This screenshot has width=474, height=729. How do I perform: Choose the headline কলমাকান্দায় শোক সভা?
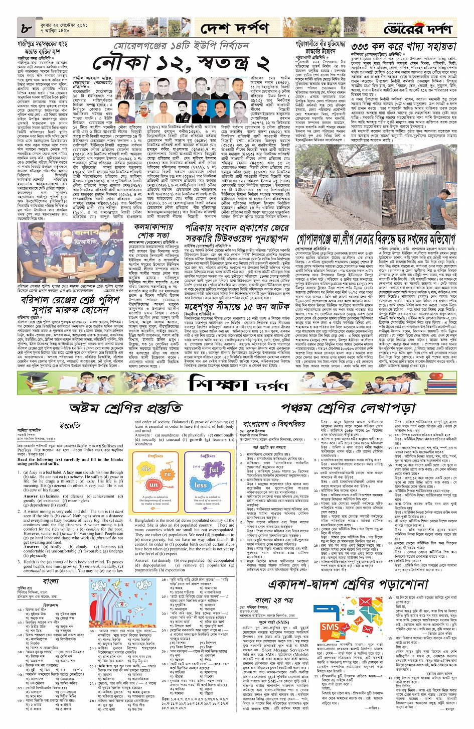click(151, 231)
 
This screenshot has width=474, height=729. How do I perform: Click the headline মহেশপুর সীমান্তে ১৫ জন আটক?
click(238, 306)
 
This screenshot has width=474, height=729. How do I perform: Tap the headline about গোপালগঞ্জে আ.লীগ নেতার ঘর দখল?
click(376, 237)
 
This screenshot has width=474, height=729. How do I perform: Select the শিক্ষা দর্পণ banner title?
click(239, 384)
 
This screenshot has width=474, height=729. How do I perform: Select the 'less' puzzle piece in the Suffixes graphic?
click(201, 485)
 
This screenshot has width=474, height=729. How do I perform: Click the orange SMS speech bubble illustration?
click(330, 627)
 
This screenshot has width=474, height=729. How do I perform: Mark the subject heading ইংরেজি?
click(70, 425)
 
